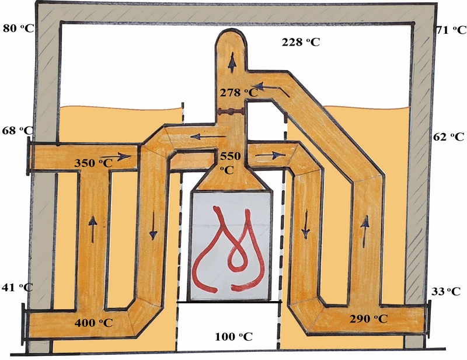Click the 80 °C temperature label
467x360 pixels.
click(x=19, y=29)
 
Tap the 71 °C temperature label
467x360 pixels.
click(x=451, y=30)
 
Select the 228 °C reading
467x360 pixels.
click(x=301, y=42)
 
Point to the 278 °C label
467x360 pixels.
click(x=239, y=93)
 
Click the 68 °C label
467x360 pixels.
click(x=18, y=131)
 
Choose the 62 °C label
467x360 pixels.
click(x=448, y=137)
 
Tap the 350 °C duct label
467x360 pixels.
click(x=93, y=163)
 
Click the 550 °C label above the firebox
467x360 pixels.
click(x=230, y=163)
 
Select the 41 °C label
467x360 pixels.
click(x=18, y=287)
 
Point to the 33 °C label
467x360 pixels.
click(x=446, y=292)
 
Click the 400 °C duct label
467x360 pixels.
click(x=93, y=323)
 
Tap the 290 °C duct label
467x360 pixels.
click(x=368, y=319)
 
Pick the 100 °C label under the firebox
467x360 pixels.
click(x=233, y=337)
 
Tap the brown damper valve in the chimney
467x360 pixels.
click(x=231, y=112)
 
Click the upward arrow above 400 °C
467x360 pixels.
click(x=93, y=229)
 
